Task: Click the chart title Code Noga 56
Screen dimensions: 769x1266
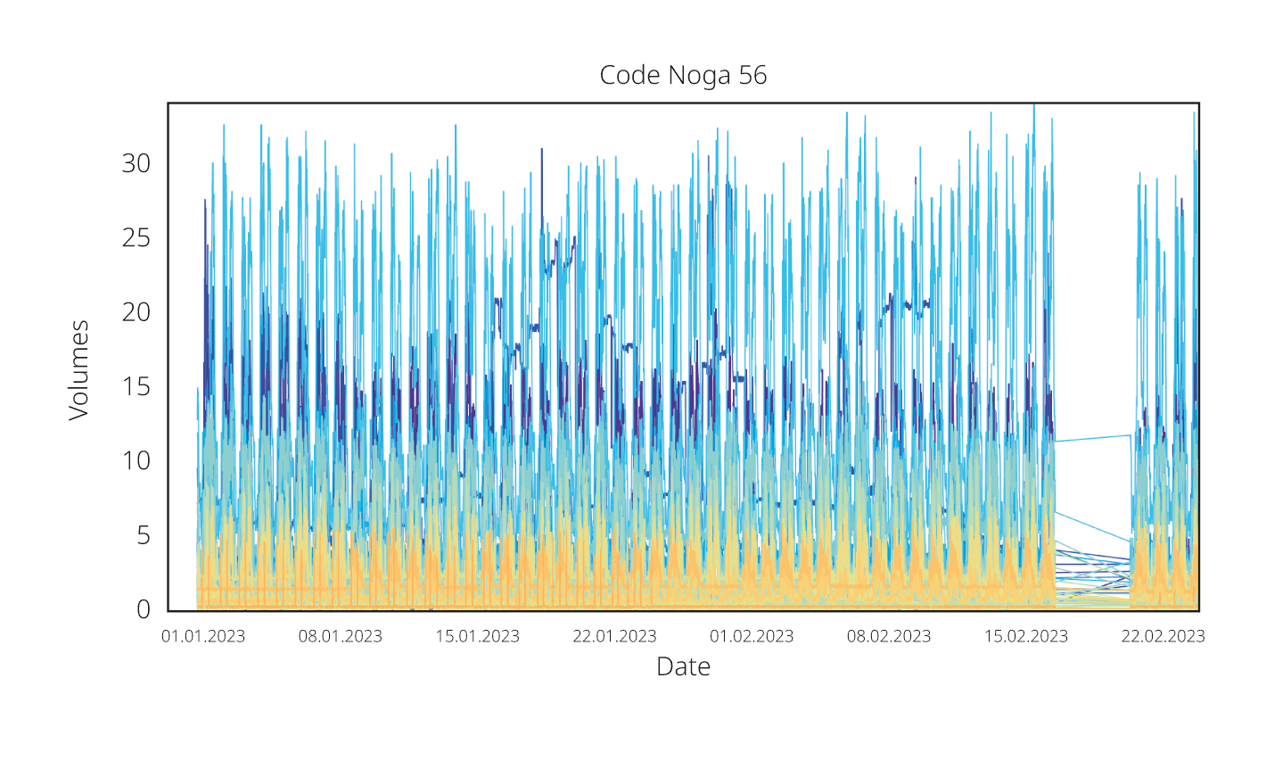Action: [683, 75]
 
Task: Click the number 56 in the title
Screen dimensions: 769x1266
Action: [752, 75]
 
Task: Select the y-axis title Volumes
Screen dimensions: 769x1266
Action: [79, 370]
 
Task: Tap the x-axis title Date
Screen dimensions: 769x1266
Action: [683, 666]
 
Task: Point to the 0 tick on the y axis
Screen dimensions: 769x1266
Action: [144, 610]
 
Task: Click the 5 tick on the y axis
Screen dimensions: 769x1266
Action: [144, 535]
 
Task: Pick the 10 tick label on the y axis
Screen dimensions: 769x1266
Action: [136, 461]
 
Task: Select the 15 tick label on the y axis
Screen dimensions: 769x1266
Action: [136, 387]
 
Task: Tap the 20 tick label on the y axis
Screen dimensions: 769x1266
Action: [136, 312]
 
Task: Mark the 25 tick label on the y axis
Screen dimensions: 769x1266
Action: [136, 238]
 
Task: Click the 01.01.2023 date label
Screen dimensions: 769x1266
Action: [203, 637]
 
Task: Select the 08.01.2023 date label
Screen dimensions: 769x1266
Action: [341, 637]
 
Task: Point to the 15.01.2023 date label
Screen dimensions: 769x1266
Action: [478, 637]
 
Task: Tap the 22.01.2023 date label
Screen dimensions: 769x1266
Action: [614, 637]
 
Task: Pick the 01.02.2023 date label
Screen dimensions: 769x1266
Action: [752, 637]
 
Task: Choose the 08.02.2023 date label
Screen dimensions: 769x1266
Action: [889, 637]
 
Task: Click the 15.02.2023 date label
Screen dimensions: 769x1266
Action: [1026, 637]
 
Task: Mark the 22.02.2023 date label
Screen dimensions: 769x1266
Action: [1163, 637]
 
